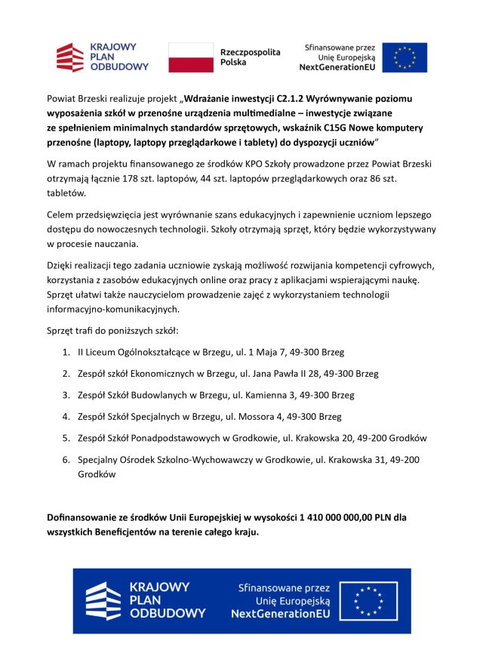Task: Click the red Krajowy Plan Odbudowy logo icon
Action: pyautogui.click(x=70, y=57)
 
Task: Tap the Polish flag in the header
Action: pyautogui.click(x=190, y=57)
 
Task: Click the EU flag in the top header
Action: pyautogui.click(x=405, y=57)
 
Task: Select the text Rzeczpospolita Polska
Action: pyautogui.click(x=249, y=57)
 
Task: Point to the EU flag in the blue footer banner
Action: pyautogui.click(x=369, y=601)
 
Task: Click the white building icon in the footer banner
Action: pyautogui.click(x=103, y=601)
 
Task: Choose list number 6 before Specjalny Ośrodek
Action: pyautogui.click(x=66, y=460)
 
